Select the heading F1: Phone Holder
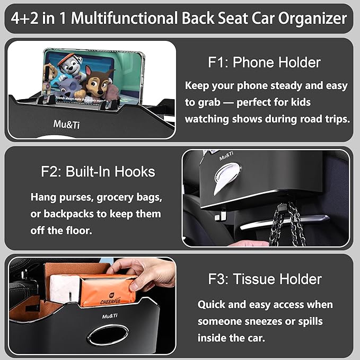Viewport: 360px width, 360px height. (264, 63)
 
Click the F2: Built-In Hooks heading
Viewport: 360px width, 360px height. (98, 172)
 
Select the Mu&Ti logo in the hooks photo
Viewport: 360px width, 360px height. (226, 156)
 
